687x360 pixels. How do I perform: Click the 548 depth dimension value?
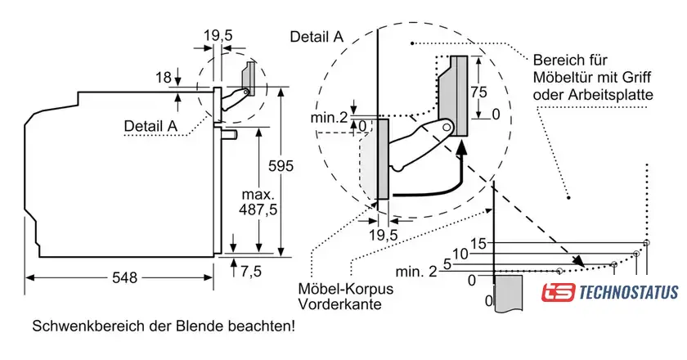124,277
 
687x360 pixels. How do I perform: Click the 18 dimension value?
164,78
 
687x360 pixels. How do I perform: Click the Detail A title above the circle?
316,36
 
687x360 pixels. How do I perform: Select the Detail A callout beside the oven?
150,125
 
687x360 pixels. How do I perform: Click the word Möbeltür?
569,79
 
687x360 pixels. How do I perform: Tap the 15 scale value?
478,243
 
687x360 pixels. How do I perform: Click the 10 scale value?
460,254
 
